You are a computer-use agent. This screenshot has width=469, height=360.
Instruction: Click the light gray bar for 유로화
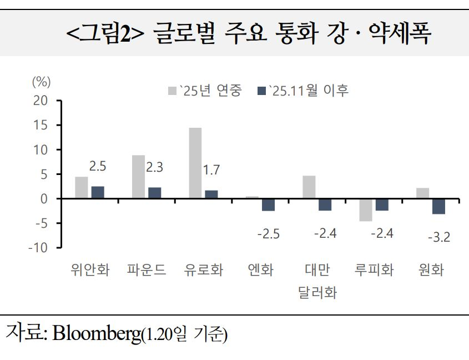[x=195, y=163]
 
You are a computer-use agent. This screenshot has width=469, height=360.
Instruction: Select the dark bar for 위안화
[x=98, y=192]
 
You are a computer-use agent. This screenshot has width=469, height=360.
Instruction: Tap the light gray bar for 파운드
[x=138, y=177]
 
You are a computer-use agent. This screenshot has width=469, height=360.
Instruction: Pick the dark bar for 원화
[x=438, y=206]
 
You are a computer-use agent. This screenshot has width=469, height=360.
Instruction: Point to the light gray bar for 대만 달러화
[x=309, y=187]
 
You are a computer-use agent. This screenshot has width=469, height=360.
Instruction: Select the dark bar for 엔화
[x=268, y=204]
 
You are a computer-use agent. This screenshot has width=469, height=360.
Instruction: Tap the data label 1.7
[x=211, y=170]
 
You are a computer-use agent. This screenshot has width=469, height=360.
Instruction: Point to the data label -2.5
[x=269, y=234]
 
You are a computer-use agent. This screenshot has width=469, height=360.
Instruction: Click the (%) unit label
[x=41, y=82]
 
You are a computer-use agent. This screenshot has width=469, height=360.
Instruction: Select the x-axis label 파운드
[x=147, y=271]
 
